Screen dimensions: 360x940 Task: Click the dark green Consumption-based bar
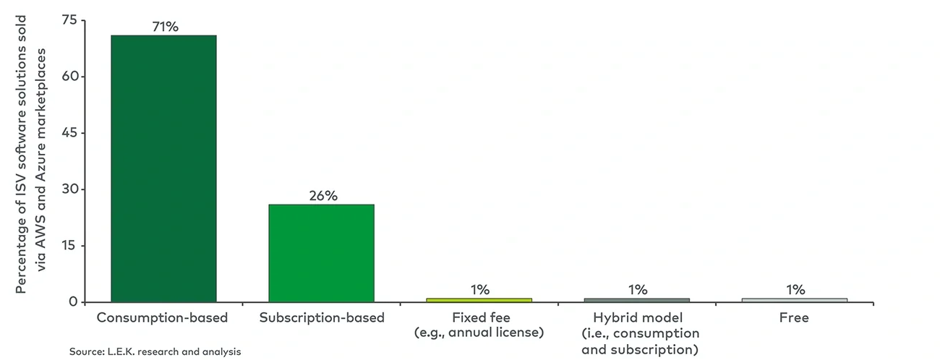(x=163, y=168)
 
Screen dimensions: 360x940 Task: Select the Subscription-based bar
(x=321, y=253)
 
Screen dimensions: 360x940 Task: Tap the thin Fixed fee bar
(x=479, y=299)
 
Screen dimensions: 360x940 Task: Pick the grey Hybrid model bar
(x=637, y=299)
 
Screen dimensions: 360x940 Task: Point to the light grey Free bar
(x=795, y=299)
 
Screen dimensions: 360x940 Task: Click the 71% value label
(x=163, y=27)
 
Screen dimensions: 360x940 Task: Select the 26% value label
(x=322, y=196)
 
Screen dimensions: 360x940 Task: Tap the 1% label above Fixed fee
(x=479, y=290)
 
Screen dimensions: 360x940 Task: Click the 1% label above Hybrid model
(x=637, y=290)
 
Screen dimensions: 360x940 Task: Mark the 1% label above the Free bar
(x=795, y=290)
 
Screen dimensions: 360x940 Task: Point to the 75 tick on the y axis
(x=69, y=20)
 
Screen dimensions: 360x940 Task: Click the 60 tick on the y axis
(x=69, y=77)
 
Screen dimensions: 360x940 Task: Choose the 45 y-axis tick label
(x=69, y=133)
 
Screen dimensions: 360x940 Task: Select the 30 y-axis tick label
(x=69, y=189)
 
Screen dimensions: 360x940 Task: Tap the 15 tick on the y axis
(x=69, y=246)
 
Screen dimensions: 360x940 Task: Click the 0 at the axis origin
(x=73, y=301)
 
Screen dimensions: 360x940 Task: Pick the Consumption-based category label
(x=163, y=317)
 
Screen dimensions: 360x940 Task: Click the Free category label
(x=795, y=317)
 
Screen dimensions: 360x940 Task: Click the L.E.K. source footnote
(x=155, y=351)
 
